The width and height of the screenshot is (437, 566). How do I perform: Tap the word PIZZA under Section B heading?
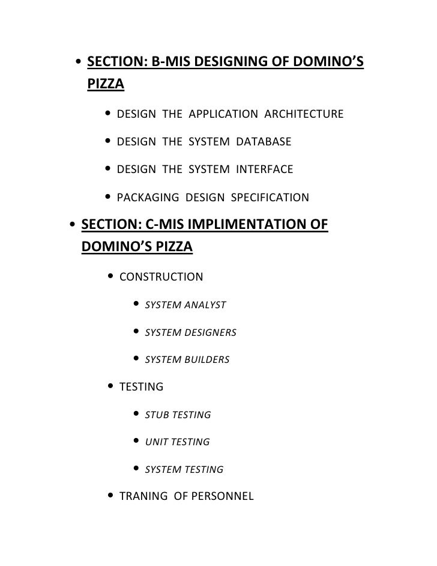[x=106, y=85]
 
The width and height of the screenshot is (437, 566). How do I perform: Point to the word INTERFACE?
[x=265, y=169]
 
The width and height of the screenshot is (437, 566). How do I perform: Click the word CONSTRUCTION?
[x=161, y=277]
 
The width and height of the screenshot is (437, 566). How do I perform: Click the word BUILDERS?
[x=207, y=360]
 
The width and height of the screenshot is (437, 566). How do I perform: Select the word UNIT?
[x=157, y=442]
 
